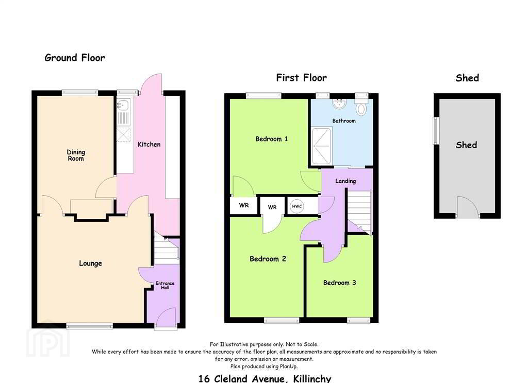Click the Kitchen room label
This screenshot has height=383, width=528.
click(x=149, y=144)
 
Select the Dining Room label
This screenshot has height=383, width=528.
click(x=76, y=155)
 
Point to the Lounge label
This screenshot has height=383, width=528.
click(x=90, y=263)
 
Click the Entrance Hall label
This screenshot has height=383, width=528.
click(x=165, y=285)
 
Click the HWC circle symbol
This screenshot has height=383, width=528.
click(x=296, y=206)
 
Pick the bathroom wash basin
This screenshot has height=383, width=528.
click(x=339, y=103)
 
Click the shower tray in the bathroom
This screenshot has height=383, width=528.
click(x=322, y=146)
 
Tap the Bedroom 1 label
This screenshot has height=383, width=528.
click(x=271, y=139)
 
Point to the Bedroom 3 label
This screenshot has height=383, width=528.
click(x=339, y=283)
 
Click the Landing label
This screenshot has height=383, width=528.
click(x=345, y=181)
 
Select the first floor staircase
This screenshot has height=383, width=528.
click(x=359, y=212)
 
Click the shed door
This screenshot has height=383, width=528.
click(x=467, y=206)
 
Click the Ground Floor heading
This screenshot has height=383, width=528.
click(x=75, y=58)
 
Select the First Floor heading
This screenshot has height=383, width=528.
click(x=301, y=78)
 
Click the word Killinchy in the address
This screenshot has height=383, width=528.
click(x=312, y=379)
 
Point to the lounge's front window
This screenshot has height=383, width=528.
click(x=90, y=325)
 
